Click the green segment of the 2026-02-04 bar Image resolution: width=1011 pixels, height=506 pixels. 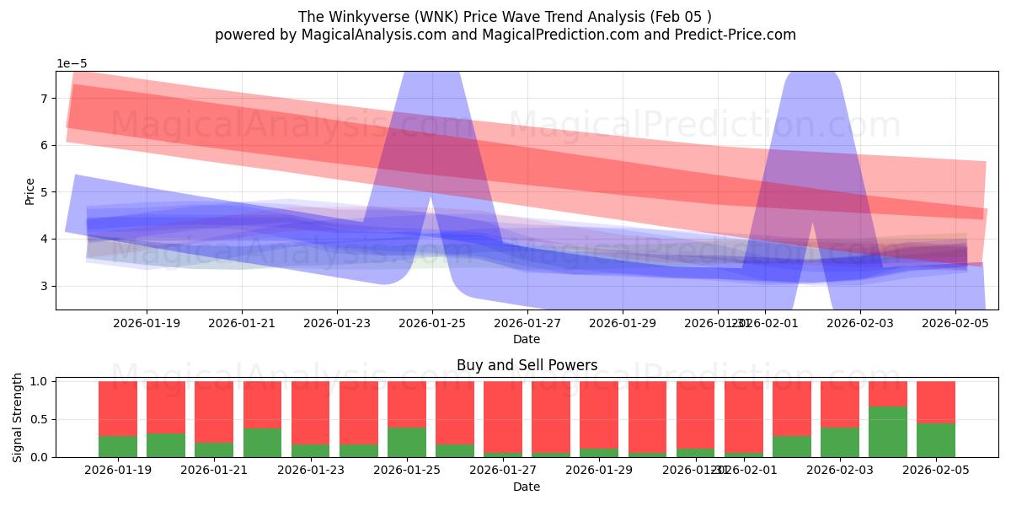888,432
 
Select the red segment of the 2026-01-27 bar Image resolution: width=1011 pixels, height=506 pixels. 503,417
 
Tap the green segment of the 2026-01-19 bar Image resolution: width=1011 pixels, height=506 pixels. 118,446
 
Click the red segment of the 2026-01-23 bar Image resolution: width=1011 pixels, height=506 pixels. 311,412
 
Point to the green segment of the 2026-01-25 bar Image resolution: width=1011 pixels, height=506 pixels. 407,442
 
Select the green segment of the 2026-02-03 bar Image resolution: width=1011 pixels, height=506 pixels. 840,442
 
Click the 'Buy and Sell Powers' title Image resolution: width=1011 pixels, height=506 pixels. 527,365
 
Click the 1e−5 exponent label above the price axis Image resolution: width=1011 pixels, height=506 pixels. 72,63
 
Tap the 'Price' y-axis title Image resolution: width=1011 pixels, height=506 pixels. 30,191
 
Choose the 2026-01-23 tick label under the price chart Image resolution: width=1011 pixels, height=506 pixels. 337,323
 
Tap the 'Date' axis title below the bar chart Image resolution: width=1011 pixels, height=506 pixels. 527,487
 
